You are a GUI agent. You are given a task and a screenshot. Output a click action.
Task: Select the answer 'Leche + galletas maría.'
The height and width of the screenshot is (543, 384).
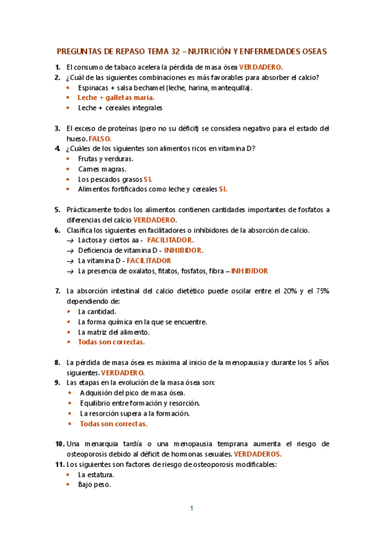116,97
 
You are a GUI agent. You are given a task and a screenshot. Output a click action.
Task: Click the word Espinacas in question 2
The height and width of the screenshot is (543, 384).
95,87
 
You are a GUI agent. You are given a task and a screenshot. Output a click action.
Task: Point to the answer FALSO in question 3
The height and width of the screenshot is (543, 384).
100,138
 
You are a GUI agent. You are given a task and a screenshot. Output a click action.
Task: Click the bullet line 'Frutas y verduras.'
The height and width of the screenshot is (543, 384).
106,158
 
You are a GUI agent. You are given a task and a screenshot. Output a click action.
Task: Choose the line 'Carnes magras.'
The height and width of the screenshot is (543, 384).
101,169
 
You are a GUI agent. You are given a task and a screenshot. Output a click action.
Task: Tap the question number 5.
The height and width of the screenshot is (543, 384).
58,209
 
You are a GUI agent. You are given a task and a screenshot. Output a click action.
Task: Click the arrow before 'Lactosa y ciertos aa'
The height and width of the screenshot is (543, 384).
70,240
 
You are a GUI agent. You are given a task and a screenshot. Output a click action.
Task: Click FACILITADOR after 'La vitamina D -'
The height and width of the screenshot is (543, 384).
149,261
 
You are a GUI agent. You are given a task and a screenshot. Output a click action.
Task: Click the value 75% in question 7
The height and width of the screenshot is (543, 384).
321,291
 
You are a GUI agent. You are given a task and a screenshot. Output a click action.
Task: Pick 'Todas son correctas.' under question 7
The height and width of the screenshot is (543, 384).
112,342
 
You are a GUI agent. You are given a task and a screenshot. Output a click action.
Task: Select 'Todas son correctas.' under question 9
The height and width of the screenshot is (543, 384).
113,423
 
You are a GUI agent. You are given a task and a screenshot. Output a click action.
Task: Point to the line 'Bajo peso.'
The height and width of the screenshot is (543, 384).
94,485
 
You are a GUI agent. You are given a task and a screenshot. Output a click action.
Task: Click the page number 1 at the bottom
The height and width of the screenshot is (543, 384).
191,508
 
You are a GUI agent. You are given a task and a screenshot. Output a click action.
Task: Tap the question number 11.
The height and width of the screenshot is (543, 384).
58,464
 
